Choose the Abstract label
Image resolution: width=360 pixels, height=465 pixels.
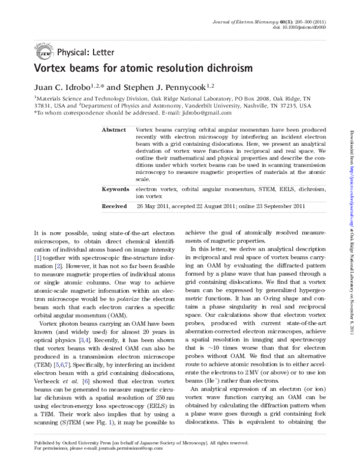pos(114,130)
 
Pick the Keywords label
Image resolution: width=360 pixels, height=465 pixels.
pos(116,188)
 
